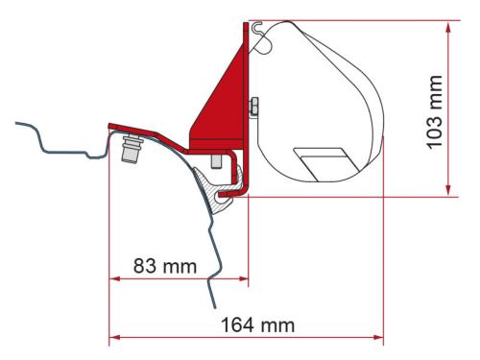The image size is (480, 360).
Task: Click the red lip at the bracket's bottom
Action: (231, 196)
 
